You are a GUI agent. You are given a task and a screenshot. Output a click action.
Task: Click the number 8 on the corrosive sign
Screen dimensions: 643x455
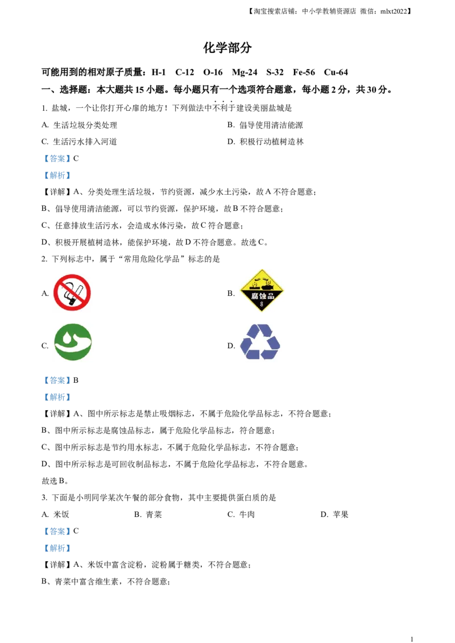(262, 306)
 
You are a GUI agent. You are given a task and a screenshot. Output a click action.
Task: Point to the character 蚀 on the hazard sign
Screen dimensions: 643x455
(262, 296)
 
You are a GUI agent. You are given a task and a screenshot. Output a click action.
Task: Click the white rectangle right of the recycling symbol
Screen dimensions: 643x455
(370, 343)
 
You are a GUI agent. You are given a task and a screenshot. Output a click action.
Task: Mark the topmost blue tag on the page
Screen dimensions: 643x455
(57, 159)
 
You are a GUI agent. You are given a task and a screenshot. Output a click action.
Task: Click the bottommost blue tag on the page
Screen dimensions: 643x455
(57, 548)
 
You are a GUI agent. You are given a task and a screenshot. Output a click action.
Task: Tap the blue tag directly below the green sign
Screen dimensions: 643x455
(57, 379)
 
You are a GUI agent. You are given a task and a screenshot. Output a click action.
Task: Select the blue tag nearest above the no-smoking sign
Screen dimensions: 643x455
(57, 176)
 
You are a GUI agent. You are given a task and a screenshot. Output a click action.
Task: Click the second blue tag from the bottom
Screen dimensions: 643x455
(57, 532)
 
